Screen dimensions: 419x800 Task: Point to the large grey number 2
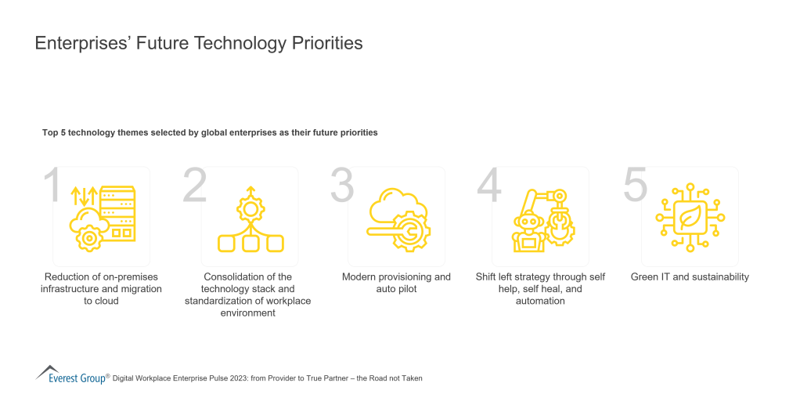[x=195, y=186]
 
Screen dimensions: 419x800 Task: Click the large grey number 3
[x=342, y=186]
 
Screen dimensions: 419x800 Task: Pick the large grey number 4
[x=489, y=186]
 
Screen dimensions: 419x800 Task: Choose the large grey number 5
[x=636, y=186]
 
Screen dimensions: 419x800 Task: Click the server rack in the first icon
[x=119, y=212]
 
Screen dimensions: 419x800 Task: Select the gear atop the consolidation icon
[x=250, y=208]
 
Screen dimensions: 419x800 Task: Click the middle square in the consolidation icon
[x=250, y=244]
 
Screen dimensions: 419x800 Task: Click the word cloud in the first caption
[x=106, y=301]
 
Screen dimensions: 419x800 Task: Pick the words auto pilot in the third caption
[x=396, y=289]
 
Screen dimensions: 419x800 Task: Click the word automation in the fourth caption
[x=540, y=301]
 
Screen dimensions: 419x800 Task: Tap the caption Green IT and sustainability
[x=690, y=276]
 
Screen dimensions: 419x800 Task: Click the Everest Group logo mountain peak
[x=47, y=368]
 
